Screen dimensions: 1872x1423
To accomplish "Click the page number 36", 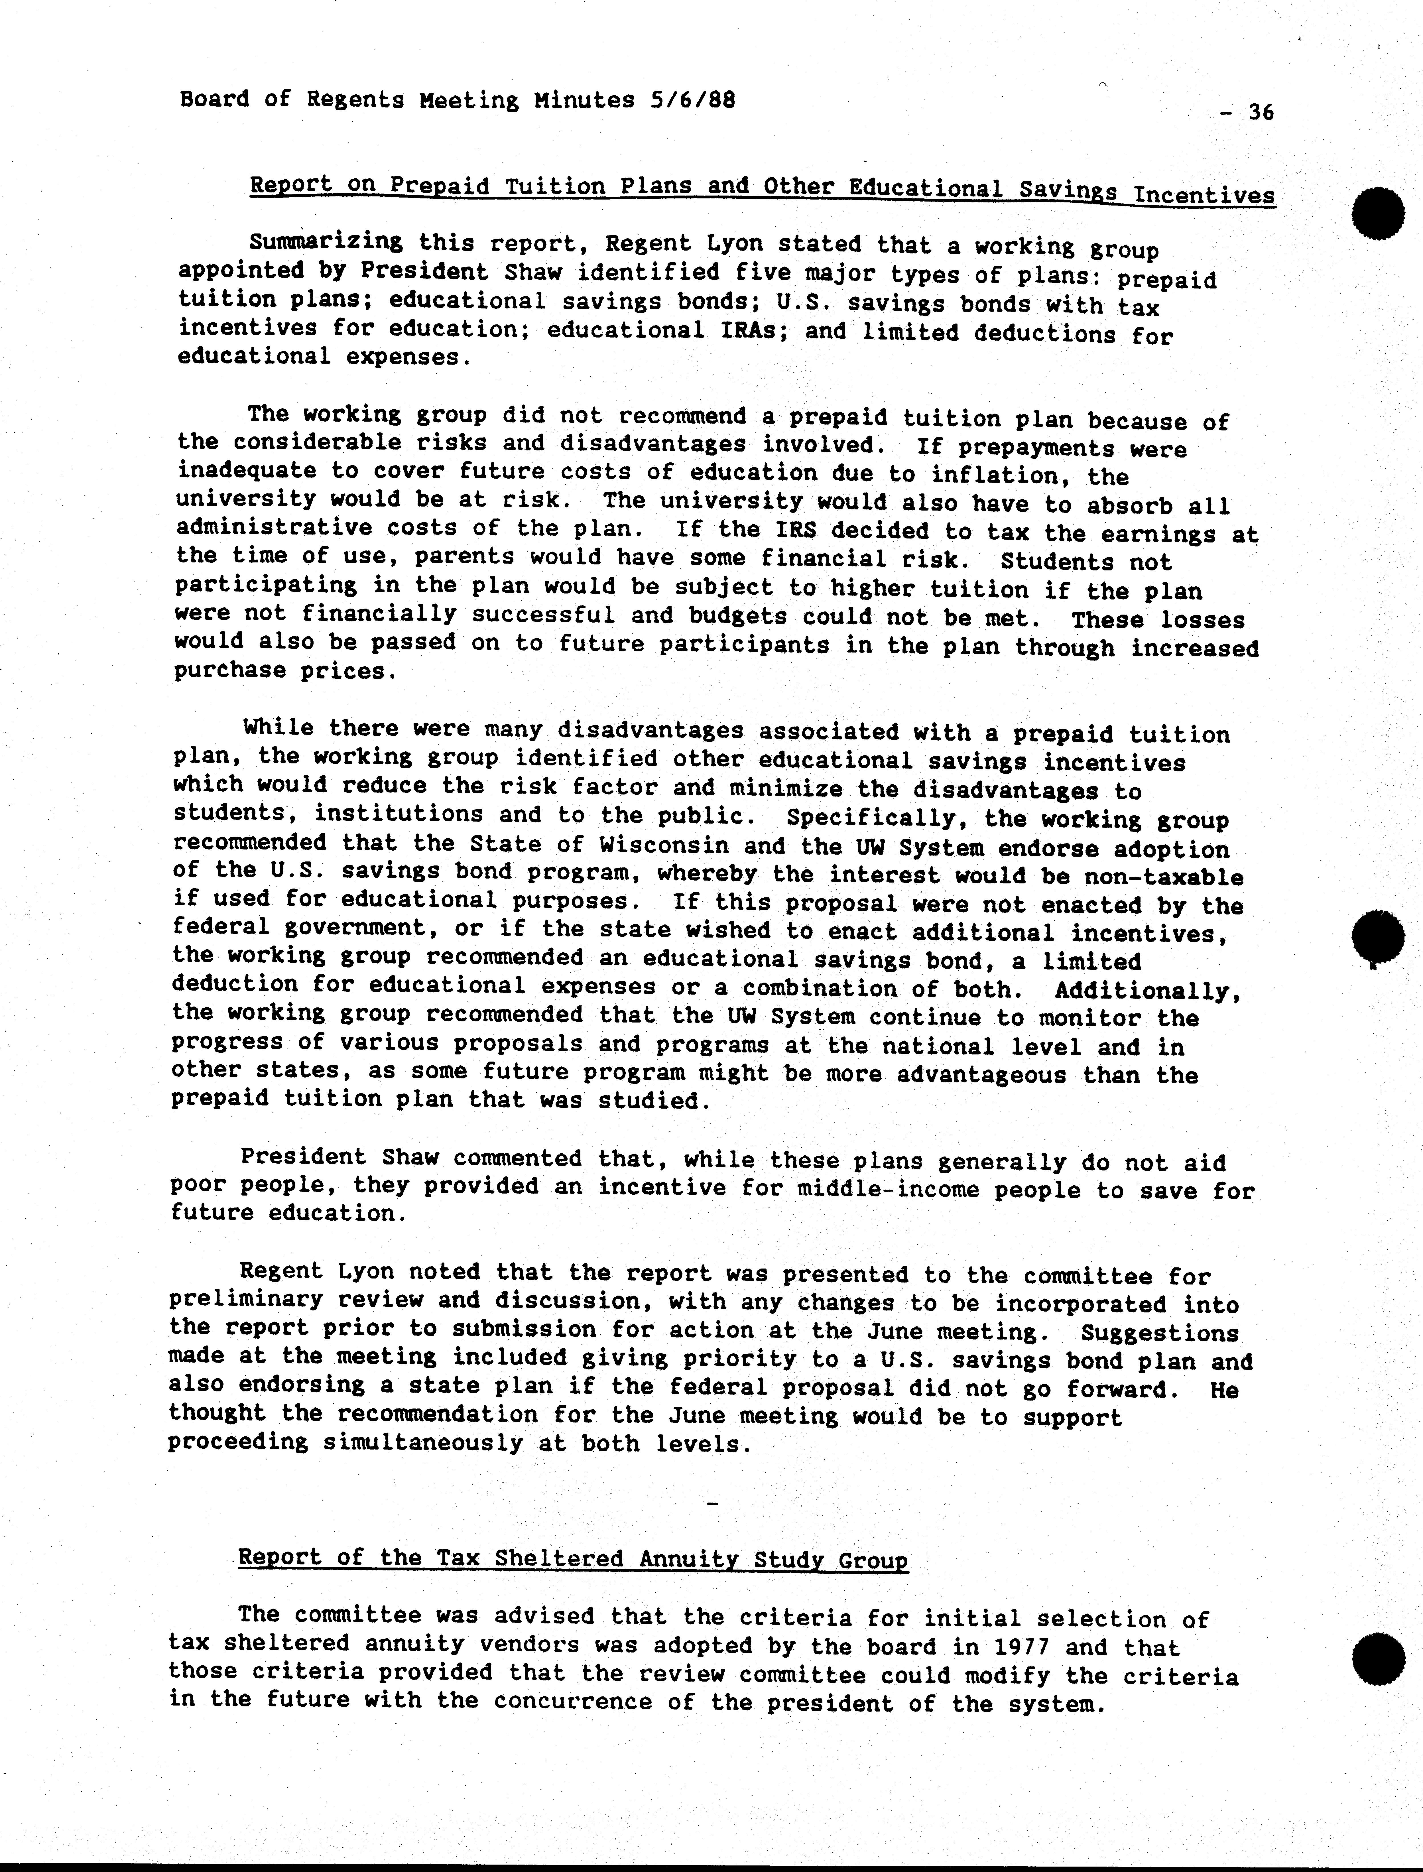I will click(x=1260, y=113).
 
